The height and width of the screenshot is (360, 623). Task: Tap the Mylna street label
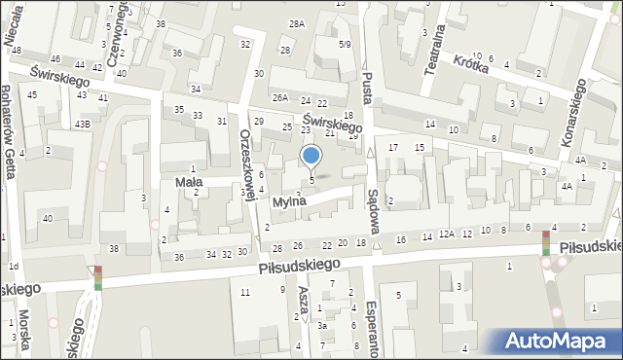pyautogui.click(x=290, y=201)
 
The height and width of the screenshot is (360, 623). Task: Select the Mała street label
pyautogui.click(x=188, y=181)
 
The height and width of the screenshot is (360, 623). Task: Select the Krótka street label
pyautogui.click(x=470, y=61)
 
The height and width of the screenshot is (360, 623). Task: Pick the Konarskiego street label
pyautogui.click(x=574, y=113)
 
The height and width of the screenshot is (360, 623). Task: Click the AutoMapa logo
pyautogui.click(x=561, y=341)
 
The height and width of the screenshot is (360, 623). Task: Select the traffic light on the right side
pyautogui.click(x=546, y=243)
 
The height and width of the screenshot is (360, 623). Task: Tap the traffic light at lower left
pyautogui.click(x=97, y=278)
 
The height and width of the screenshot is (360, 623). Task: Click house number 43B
pyautogui.click(x=85, y=123)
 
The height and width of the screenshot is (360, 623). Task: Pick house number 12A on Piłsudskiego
pyautogui.click(x=446, y=234)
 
